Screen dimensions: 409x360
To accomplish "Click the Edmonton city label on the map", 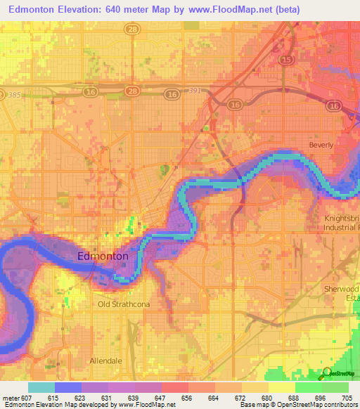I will coord(103,257).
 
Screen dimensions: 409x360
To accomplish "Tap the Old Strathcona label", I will coord(123,304).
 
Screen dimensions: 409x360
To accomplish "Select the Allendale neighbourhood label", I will coord(105,361).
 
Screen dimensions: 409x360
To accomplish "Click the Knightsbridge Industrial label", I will coord(340,223).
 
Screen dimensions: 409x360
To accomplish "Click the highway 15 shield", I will coord(286,60).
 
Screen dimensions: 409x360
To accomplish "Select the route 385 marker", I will coord(11,95).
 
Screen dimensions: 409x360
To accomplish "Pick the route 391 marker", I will coord(195,91).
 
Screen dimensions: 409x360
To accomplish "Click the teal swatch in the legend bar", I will coord(41,387).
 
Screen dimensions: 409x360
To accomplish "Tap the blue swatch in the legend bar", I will coord(68,387).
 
